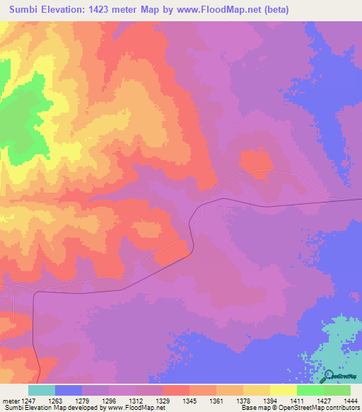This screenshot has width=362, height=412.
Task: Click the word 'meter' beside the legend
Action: click(x=10, y=399)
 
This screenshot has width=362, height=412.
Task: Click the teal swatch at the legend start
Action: click(x=42, y=390)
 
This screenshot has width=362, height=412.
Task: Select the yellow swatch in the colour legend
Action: click(x=283, y=390)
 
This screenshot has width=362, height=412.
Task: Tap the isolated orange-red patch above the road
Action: click(x=256, y=164)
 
